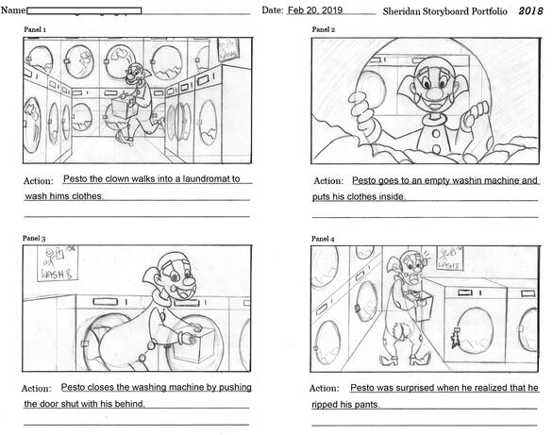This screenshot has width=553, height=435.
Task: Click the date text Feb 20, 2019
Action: [x=315, y=10]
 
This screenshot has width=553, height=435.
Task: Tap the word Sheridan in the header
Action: [x=407, y=11]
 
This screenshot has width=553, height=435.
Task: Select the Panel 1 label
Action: [x=35, y=30]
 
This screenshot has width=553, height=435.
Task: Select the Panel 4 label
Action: [x=324, y=228]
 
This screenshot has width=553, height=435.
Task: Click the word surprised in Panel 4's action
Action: [x=415, y=388]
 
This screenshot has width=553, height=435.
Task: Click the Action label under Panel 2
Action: [x=327, y=180]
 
